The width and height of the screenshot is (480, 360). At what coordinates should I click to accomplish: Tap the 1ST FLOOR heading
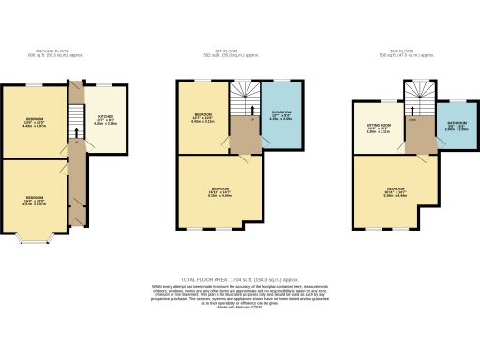coord(239,52)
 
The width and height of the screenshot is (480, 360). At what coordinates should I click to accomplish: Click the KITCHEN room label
coord(105,118)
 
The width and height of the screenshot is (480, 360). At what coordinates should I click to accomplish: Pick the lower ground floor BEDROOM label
coord(35,198)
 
